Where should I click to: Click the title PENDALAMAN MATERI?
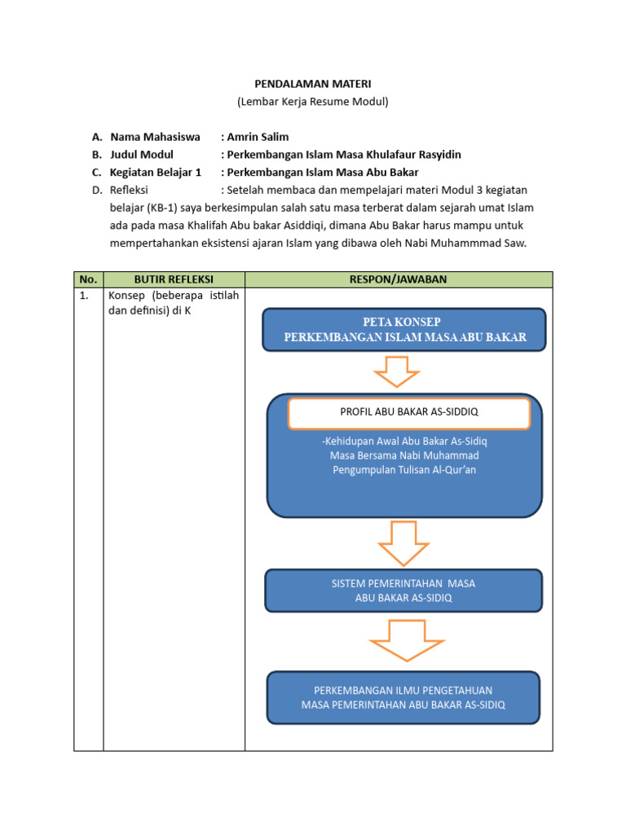[313, 84]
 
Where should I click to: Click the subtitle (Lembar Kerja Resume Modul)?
[313, 102]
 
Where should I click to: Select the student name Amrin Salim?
[258, 137]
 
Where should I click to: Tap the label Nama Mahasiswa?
[155, 137]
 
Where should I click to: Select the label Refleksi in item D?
[131, 191]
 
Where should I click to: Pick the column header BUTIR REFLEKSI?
[174, 279]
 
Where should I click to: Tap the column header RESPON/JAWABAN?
[398, 279]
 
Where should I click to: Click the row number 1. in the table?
[85, 296]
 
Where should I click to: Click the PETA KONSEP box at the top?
[404, 330]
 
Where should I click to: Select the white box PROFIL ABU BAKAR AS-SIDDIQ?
[409, 413]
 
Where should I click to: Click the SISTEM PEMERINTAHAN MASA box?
[403, 590]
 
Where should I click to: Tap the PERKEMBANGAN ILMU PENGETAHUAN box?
[403, 697]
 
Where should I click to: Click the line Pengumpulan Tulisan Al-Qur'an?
[404, 470]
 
